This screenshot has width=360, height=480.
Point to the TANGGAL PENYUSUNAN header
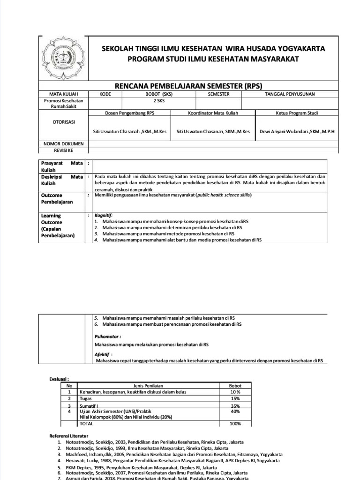coord(290,94)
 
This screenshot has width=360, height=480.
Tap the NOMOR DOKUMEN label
coord(63,143)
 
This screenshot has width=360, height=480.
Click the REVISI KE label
coord(63,150)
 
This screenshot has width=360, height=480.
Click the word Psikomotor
coord(107,336)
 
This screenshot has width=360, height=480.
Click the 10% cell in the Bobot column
coord(234,391)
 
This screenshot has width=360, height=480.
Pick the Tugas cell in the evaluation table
coord(85,398)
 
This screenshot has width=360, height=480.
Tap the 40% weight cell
coord(234,411)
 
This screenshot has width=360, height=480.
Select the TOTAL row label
coord(87,424)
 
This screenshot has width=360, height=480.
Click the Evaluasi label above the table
coord(59,378)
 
